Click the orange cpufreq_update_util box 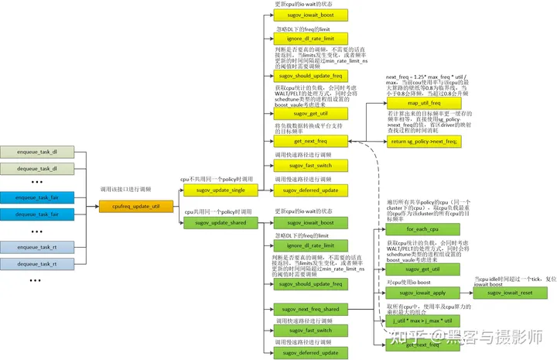130,206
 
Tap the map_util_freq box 423,103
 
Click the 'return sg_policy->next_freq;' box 423,141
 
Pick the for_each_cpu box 422,230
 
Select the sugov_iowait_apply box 422,293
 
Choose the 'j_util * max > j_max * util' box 422,321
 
